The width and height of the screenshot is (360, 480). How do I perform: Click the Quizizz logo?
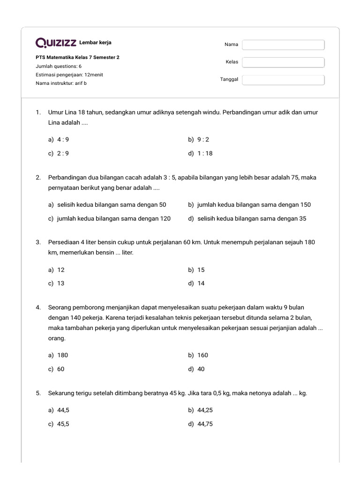[56, 43]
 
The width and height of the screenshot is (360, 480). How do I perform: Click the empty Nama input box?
[283, 45]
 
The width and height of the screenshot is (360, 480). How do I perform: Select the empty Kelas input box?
[283, 62]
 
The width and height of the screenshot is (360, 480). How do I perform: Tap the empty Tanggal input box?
[283, 80]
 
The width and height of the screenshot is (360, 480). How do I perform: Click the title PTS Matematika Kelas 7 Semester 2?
[77, 58]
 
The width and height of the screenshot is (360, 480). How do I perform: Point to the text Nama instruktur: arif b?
[61, 83]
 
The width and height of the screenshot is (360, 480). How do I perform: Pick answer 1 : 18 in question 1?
[205, 153]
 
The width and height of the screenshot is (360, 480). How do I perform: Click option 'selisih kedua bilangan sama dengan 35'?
[252, 218]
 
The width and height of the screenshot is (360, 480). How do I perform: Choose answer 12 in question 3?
[61, 270]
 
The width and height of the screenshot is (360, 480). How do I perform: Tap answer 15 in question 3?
[201, 270]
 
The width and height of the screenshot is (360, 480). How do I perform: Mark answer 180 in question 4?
[62, 355]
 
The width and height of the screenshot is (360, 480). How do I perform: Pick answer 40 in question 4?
[201, 369]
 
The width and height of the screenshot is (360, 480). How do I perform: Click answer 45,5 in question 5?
[64, 424]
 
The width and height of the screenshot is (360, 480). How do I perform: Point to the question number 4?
[38, 307]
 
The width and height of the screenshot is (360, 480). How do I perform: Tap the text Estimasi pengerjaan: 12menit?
[69, 75]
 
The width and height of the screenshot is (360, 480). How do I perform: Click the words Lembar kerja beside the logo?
[96, 43]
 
